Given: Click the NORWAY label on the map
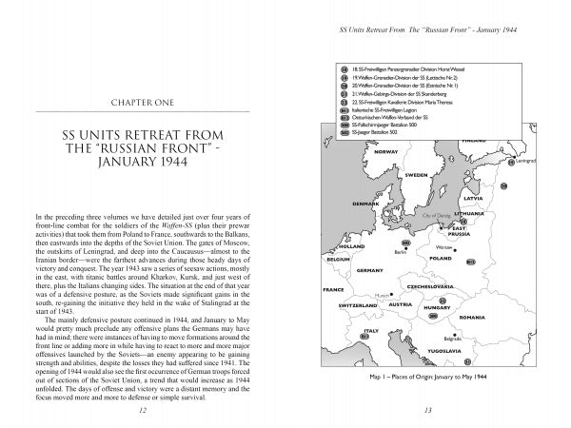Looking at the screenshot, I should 387,152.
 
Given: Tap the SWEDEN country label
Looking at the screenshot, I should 416,175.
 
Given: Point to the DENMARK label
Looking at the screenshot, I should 366,204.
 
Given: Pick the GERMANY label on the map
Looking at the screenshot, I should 369,270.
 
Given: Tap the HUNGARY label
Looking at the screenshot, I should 437,308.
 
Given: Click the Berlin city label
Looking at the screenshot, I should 401,251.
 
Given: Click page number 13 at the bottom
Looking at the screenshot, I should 428,409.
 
